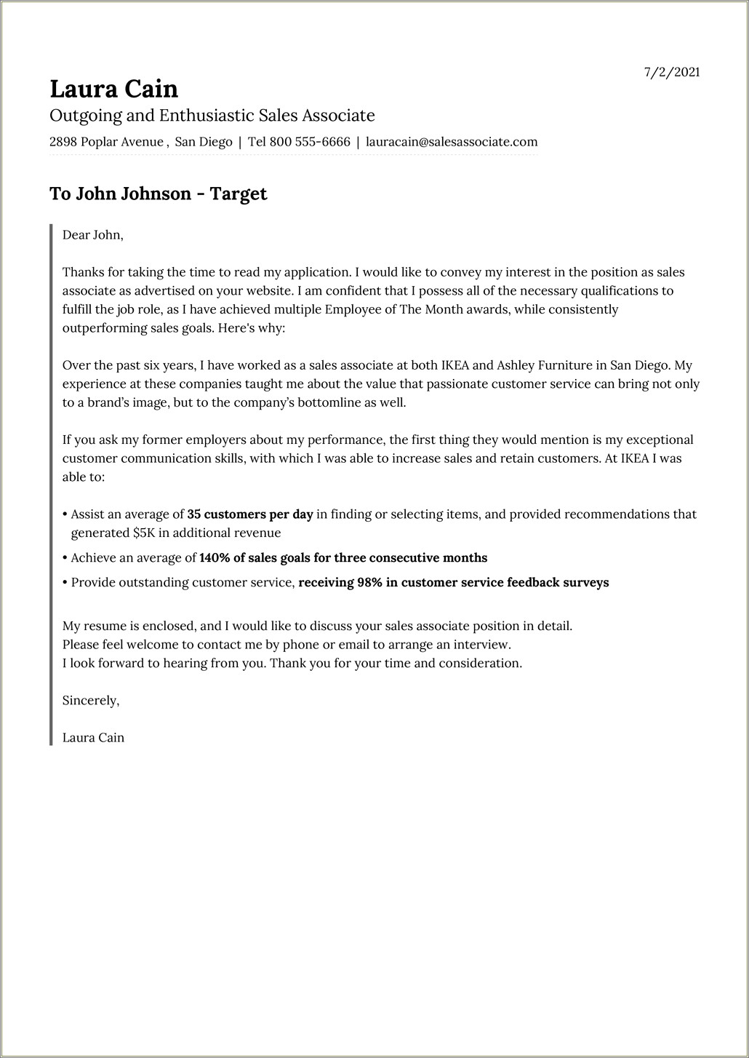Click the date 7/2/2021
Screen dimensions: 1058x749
click(672, 72)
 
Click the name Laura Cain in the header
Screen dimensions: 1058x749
click(113, 89)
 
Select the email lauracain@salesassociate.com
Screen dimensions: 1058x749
click(452, 142)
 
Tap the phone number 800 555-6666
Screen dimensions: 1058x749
click(310, 142)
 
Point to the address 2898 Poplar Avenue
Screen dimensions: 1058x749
click(106, 142)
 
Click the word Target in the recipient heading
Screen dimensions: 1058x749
click(239, 194)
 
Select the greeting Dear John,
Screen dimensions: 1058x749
click(93, 235)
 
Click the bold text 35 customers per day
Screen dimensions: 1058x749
click(250, 514)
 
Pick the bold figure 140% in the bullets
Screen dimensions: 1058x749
click(215, 558)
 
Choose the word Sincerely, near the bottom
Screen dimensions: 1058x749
click(91, 701)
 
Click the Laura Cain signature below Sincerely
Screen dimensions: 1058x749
click(93, 738)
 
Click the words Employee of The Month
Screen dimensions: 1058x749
click(418, 309)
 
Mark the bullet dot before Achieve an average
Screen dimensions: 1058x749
click(65, 559)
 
